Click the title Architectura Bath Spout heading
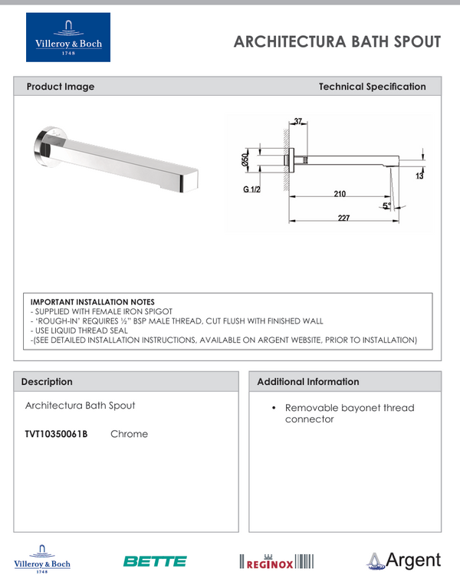(x=337, y=41)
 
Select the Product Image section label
(x=61, y=87)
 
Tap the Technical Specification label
(x=372, y=87)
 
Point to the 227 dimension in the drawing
(x=343, y=219)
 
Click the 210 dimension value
(x=339, y=194)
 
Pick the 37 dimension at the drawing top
(x=298, y=122)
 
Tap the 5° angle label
(x=386, y=205)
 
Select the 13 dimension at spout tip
(x=419, y=176)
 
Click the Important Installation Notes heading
(x=92, y=302)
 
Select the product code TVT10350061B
(x=56, y=434)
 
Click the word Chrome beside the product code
(x=129, y=434)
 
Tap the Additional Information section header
(x=307, y=381)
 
